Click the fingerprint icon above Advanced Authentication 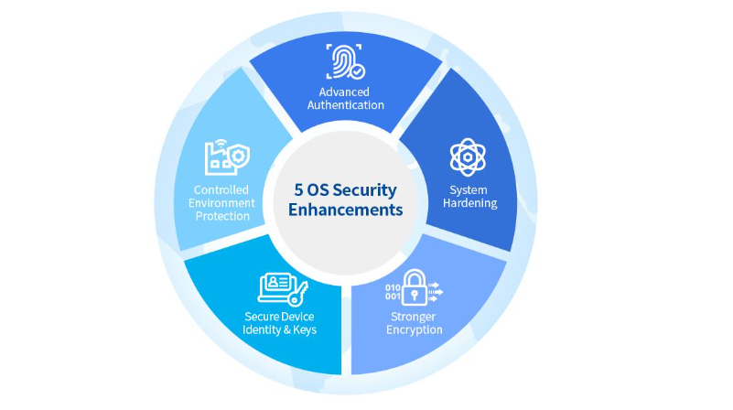coord(345,61)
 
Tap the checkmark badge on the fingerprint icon coord(358,71)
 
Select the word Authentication coord(346,105)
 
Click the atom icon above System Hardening coord(468,157)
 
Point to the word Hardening coord(469,203)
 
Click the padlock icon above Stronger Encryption coord(415,288)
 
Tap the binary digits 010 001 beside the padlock coord(393,292)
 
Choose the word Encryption coord(415,330)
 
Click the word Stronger coord(414,317)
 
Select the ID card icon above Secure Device coord(283,288)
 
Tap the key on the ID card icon coord(298,294)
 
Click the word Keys coord(305,330)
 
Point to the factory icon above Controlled coord(227,157)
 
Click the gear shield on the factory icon coord(239,156)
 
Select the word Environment coord(221,203)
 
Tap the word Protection coord(222,217)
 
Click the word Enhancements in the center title coord(346,210)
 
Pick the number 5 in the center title coord(298,189)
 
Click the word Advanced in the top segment coord(344,92)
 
